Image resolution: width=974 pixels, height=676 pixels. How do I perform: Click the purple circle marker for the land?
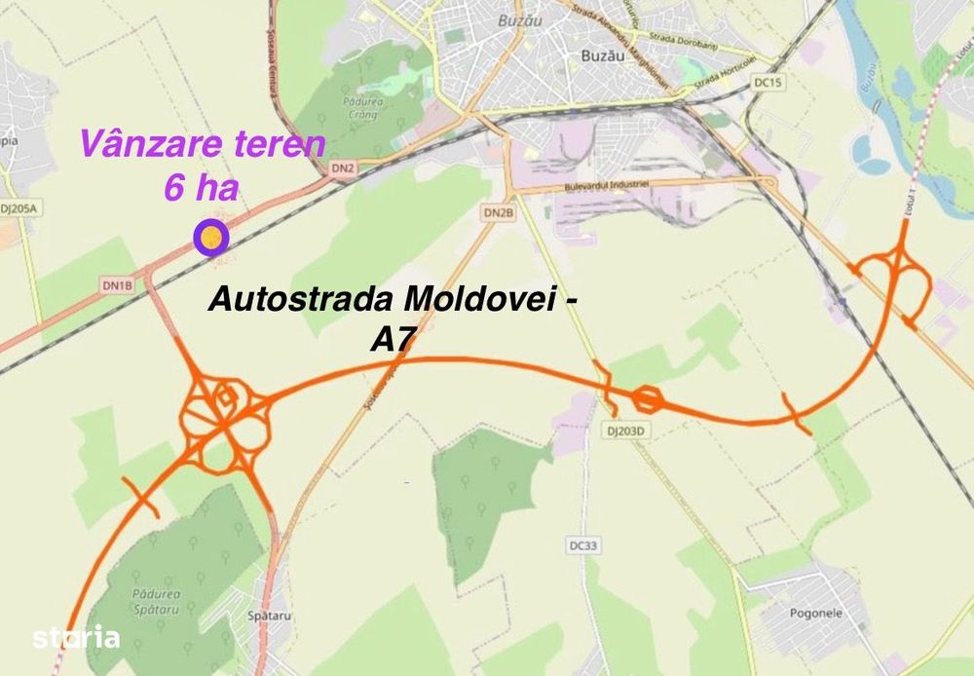click(209, 236)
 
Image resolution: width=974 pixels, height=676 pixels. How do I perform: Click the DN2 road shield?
click(343, 169)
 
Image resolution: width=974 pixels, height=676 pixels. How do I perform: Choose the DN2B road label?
click(498, 212)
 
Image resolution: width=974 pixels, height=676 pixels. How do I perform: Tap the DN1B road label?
click(116, 285)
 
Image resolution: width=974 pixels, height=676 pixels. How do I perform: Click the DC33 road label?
click(581, 545)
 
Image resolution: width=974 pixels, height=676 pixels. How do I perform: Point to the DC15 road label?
click(768, 83)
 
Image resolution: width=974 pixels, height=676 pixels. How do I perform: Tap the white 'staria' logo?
click(77, 638)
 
